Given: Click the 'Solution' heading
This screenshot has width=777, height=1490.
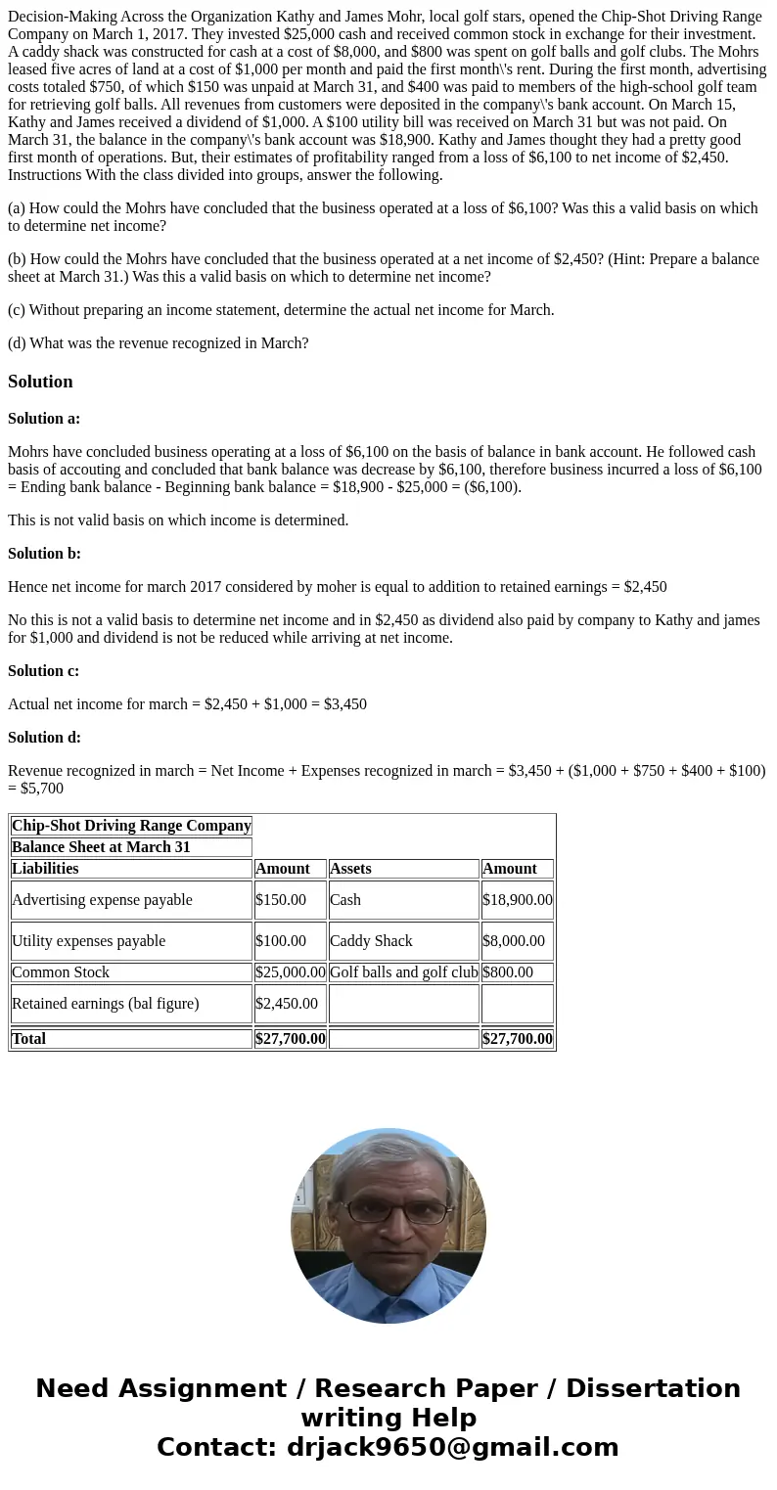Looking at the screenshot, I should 40,382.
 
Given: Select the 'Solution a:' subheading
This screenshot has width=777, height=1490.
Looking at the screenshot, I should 44,419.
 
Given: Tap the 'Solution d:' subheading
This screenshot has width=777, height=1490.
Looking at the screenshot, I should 44,738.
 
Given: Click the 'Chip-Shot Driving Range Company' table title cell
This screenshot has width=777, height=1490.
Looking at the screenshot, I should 131,826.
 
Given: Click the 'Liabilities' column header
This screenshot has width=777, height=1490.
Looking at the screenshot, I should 45,869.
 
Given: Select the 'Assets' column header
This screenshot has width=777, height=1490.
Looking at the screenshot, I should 351,869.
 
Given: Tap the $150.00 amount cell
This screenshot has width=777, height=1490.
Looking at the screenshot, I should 281,900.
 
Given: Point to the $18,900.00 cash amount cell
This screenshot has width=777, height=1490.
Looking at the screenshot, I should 517,900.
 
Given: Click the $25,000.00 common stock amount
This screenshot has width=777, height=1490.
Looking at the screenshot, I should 290,972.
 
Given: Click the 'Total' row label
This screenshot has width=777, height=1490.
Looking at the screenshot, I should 29,1039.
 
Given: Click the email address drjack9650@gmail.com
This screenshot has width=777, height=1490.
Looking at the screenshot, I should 453,1448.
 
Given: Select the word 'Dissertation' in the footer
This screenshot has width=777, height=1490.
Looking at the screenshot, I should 653,1389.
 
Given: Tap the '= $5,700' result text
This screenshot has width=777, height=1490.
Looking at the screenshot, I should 36,789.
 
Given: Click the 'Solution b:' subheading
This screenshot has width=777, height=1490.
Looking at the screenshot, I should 44,554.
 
